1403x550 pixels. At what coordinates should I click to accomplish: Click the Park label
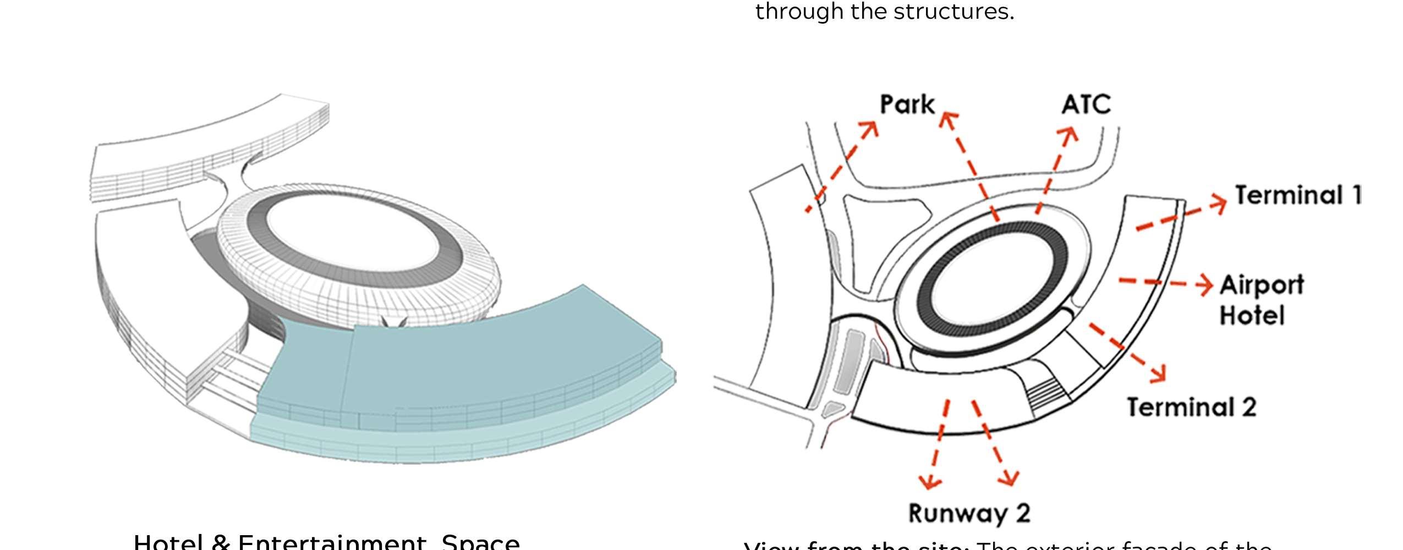[907, 105]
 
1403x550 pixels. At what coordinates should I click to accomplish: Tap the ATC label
[1086, 104]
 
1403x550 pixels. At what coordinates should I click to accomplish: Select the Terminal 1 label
[1298, 195]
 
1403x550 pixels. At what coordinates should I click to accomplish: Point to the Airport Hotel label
[1261, 300]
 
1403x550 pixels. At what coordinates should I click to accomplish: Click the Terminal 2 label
[1192, 408]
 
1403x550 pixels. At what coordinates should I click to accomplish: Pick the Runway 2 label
[969, 513]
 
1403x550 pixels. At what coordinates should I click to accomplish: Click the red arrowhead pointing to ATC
[1070, 135]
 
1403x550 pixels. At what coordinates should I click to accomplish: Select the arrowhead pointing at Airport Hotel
[1205, 284]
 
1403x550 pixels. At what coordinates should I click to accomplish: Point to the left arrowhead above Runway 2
[930, 482]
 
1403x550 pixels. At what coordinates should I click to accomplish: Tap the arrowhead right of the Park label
[948, 119]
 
